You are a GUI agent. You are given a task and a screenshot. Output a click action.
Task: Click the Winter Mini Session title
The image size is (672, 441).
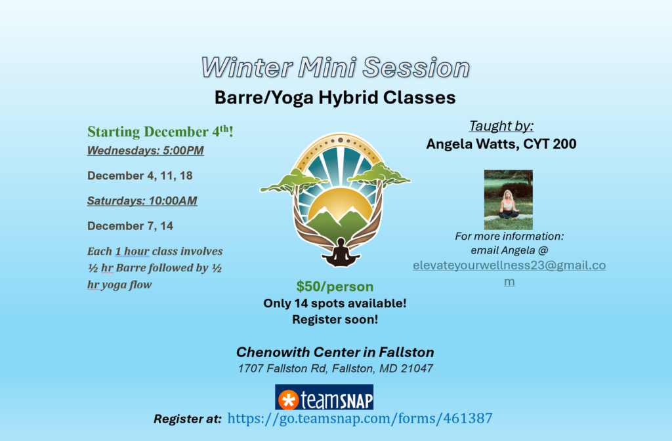pyautogui.click(x=335, y=67)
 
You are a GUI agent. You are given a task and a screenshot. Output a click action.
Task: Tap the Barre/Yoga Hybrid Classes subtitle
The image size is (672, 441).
pyautogui.click(x=335, y=98)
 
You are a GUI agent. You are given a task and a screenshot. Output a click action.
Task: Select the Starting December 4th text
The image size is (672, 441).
pyautogui.click(x=160, y=132)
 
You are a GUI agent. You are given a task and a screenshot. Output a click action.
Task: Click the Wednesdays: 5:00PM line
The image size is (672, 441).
pyautogui.click(x=145, y=151)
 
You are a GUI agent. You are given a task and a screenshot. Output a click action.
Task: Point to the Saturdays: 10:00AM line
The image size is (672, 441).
pyautogui.click(x=142, y=201)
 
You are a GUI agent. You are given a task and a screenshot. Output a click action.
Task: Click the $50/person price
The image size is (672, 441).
pyautogui.click(x=335, y=286)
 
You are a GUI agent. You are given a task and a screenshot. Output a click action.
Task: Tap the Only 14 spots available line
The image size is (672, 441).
pyautogui.click(x=335, y=303)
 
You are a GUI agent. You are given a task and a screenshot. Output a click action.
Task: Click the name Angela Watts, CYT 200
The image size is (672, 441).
pyautogui.click(x=501, y=144)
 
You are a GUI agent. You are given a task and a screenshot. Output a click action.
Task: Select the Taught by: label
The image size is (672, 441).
pyautogui.click(x=501, y=126)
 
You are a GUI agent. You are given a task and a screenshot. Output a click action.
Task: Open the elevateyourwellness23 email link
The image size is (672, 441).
pyautogui.click(x=509, y=265)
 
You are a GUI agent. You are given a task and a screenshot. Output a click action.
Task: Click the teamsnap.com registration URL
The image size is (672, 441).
pyautogui.click(x=360, y=418)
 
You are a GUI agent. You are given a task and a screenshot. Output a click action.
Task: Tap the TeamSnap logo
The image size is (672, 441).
pyautogui.click(x=324, y=398)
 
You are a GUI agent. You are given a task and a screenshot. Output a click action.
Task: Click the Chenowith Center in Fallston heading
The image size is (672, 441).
pyautogui.click(x=335, y=353)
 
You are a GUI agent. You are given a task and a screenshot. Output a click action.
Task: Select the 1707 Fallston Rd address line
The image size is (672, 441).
pyautogui.click(x=335, y=368)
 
